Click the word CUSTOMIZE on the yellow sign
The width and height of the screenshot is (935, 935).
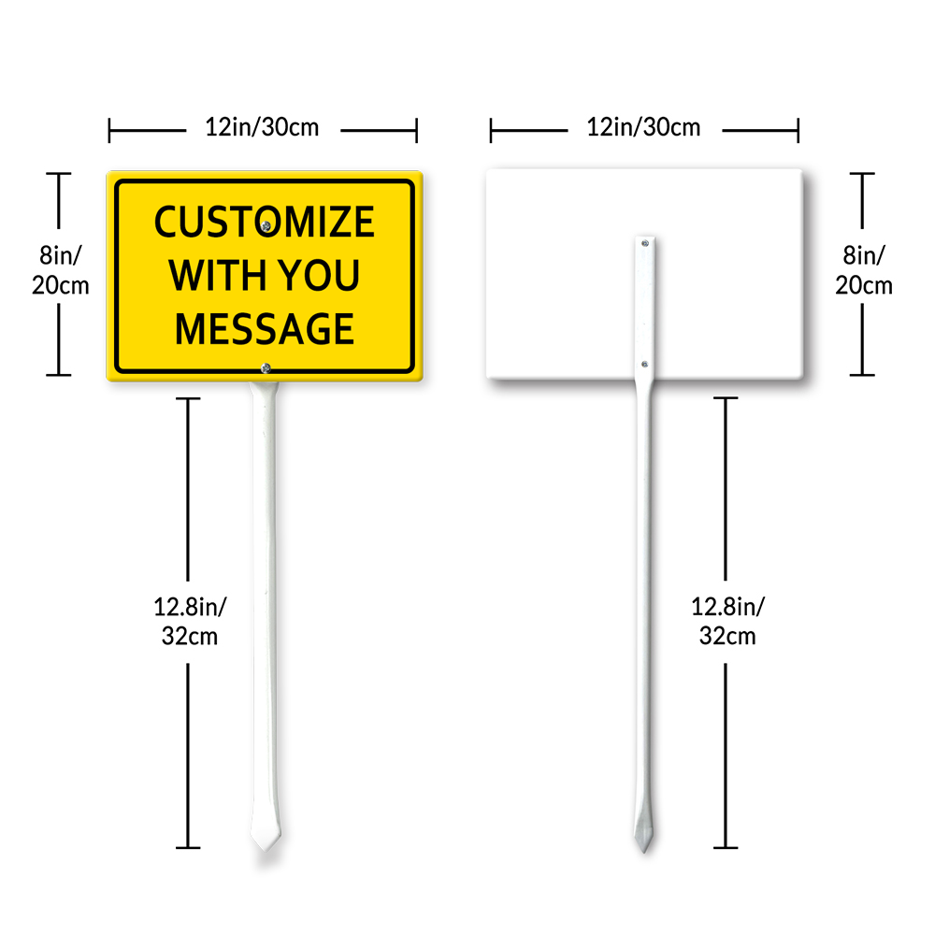click(264, 223)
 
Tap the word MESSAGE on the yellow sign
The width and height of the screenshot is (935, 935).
click(265, 329)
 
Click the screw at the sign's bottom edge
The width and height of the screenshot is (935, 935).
click(266, 368)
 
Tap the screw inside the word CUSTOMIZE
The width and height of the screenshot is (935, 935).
click(267, 225)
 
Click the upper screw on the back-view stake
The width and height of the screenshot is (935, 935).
click(645, 243)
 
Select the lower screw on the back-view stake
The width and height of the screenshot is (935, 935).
click(645, 364)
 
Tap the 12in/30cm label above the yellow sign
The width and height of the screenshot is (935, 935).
click(262, 127)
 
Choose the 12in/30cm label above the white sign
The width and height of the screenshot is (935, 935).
click(643, 127)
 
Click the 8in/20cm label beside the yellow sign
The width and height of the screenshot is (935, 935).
click(60, 269)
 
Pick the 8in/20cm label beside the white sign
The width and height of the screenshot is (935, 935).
click(863, 269)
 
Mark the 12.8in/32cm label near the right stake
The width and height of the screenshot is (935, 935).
click(727, 621)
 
